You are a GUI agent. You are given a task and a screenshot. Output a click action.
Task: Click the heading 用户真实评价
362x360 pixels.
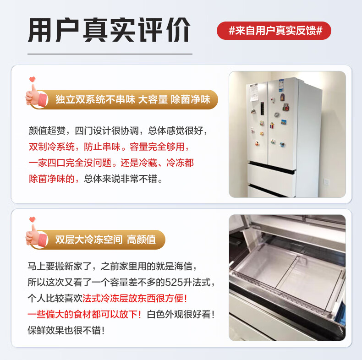coord(109,30)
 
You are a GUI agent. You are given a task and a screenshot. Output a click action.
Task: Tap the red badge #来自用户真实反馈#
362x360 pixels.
coord(274,31)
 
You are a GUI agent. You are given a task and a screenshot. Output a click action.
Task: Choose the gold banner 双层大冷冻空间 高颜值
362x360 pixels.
coord(99,240)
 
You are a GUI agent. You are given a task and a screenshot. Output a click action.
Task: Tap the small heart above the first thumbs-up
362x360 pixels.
coord(33,79)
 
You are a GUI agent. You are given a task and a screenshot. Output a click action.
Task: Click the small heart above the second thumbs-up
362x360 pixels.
coord(33,219)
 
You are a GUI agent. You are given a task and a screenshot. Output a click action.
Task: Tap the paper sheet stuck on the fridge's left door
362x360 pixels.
coord(254,92)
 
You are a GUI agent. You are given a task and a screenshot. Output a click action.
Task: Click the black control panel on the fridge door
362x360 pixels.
coord(262,109)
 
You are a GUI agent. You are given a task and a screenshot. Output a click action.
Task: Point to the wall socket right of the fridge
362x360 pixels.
coord(326,182)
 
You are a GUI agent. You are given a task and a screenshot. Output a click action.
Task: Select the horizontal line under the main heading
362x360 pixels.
coord(110,54)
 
